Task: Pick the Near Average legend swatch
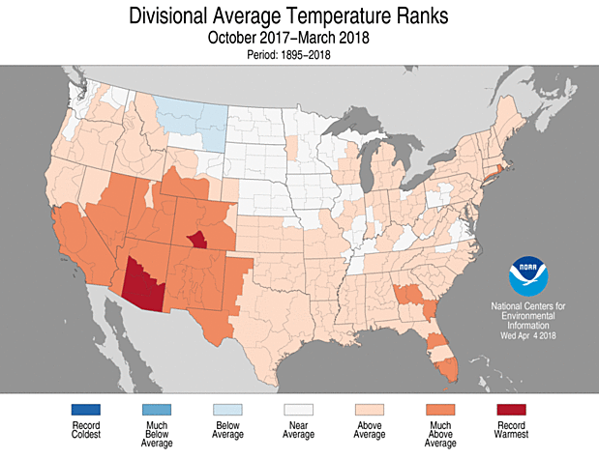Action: pyautogui.click(x=299, y=409)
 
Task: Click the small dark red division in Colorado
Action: pyautogui.click(x=197, y=240)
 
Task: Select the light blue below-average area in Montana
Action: pyautogui.click(x=194, y=120)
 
